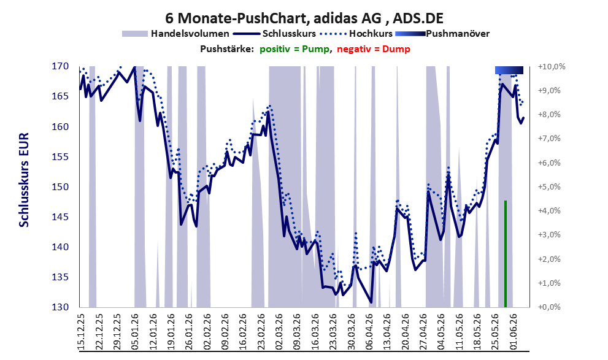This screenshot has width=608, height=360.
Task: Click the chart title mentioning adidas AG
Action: [304, 18]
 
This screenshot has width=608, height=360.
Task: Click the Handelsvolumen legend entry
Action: [175, 34]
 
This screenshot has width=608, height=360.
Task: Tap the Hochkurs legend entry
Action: [356, 34]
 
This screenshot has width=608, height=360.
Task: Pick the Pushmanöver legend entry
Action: [442, 34]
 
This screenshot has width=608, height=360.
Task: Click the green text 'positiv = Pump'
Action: [295, 49]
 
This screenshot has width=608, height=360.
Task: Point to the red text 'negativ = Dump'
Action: [374, 49]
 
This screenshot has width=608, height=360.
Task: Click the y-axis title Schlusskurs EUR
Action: [24, 180]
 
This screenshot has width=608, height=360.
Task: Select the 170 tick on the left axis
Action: [60, 66]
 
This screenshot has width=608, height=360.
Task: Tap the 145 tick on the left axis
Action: [60, 217]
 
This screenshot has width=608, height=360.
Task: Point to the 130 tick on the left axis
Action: [60, 307]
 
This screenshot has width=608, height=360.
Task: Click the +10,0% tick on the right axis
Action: [552, 67]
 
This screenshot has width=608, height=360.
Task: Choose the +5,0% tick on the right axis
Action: [549, 187]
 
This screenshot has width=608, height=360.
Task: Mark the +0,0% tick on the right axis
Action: [549, 307]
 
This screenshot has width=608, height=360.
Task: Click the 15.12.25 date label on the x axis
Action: [82, 331]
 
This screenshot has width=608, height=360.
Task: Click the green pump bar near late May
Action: [506, 254]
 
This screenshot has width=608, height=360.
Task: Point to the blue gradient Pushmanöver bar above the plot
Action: [509, 70]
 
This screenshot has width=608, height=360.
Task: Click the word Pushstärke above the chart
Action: [227, 49]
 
